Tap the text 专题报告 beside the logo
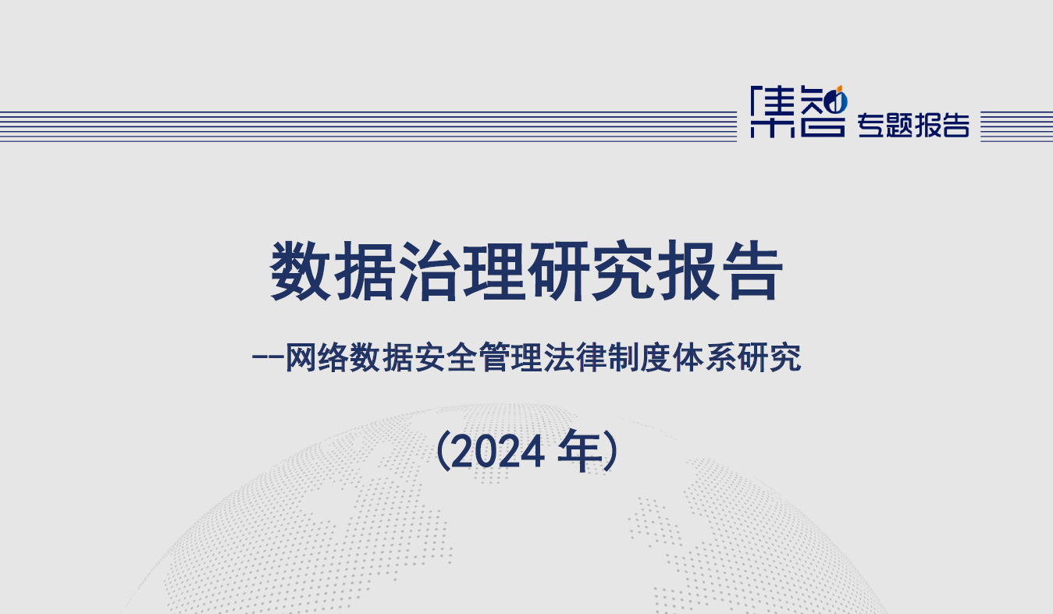(x=913, y=125)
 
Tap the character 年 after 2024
(x=577, y=453)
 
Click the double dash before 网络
(x=268, y=360)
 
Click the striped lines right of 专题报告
(x=1016, y=126)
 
